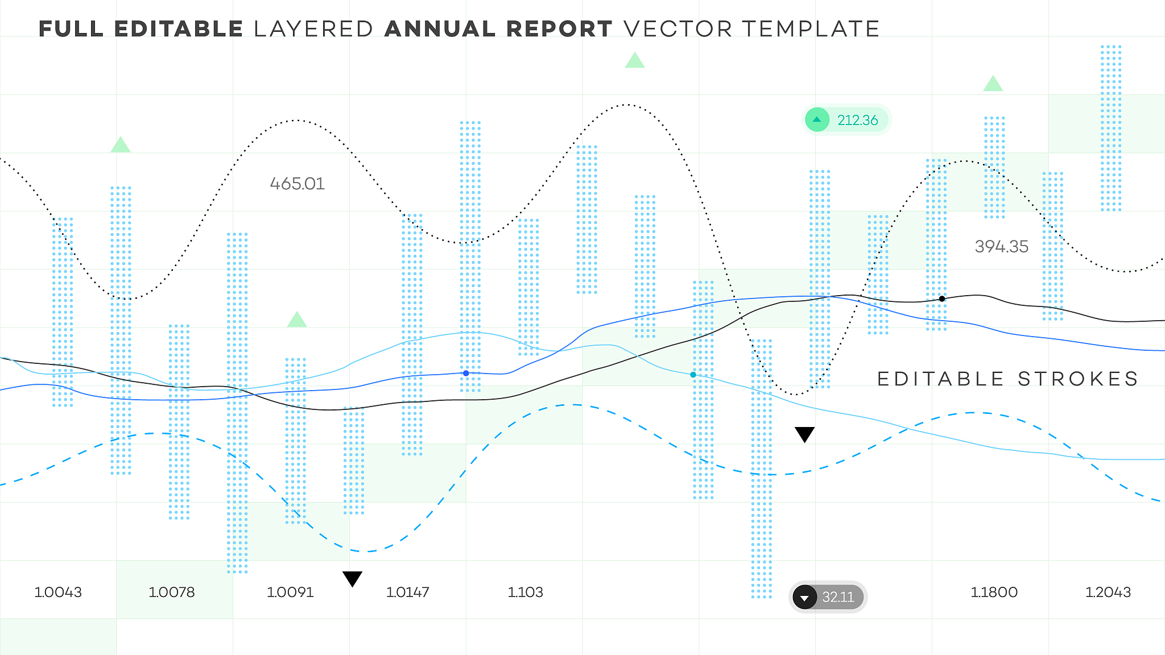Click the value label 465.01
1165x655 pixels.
click(x=297, y=184)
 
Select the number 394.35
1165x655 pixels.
click(x=1001, y=246)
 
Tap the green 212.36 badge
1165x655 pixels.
click(x=846, y=120)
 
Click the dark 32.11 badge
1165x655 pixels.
click(x=828, y=597)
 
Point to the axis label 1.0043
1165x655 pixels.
click(x=58, y=592)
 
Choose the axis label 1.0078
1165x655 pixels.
click(x=172, y=592)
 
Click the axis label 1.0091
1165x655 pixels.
click(x=290, y=592)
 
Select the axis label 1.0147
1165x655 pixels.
click(x=408, y=592)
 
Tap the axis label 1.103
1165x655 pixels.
click(x=525, y=592)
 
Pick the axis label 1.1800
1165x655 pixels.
click(x=994, y=592)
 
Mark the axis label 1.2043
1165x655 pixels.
click(x=1108, y=592)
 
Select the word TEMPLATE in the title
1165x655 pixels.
click(x=811, y=29)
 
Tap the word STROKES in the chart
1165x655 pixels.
click(x=1078, y=379)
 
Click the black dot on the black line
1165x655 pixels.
click(x=942, y=299)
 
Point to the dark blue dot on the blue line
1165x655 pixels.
click(x=466, y=374)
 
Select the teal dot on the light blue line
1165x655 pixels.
click(x=693, y=375)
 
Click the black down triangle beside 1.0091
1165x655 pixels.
click(x=352, y=578)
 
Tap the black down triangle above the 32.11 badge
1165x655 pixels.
click(x=804, y=434)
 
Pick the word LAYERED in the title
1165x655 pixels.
click(x=313, y=29)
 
